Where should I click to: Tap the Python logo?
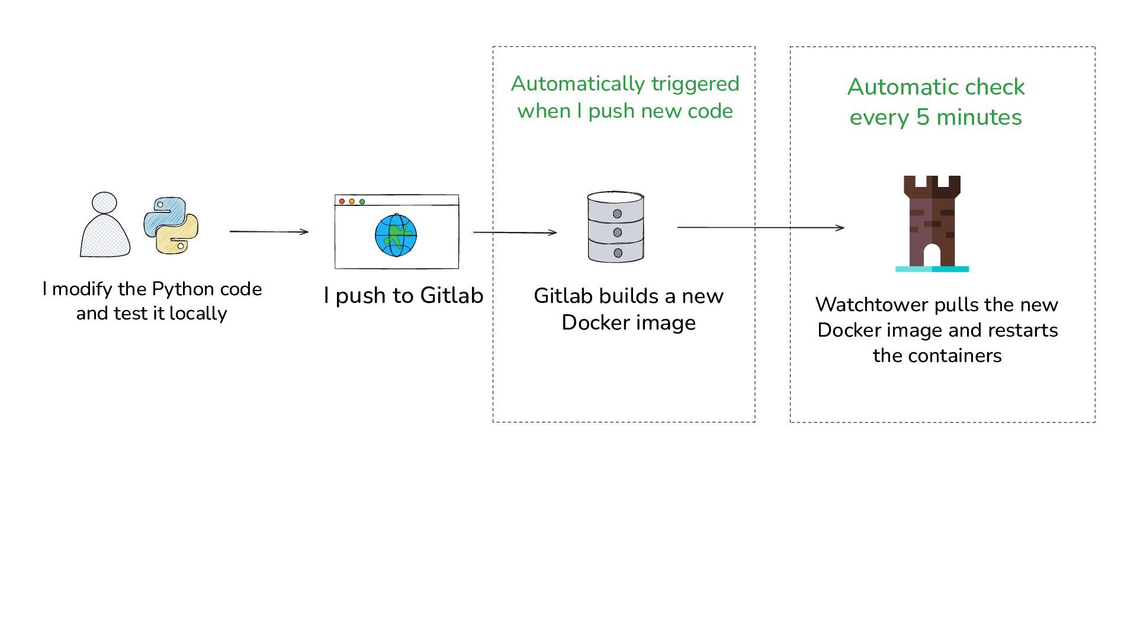click(x=171, y=225)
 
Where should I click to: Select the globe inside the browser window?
click(x=396, y=235)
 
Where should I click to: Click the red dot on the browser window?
click(x=342, y=202)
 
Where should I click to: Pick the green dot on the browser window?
click(x=362, y=202)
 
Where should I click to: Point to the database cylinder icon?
click(x=616, y=227)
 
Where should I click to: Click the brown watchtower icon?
click(x=932, y=224)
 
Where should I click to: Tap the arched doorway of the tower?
click(x=932, y=256)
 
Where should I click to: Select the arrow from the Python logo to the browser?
click(x=269, y=231)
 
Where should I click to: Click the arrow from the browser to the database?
click(x=515, y=233)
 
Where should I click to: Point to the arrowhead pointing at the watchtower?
click(x=840, y=228)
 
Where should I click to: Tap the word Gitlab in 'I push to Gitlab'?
click(x=452, y=295)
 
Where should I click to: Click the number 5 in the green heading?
click(x=923, y=117)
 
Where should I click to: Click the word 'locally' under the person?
click(x=198, y=314)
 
